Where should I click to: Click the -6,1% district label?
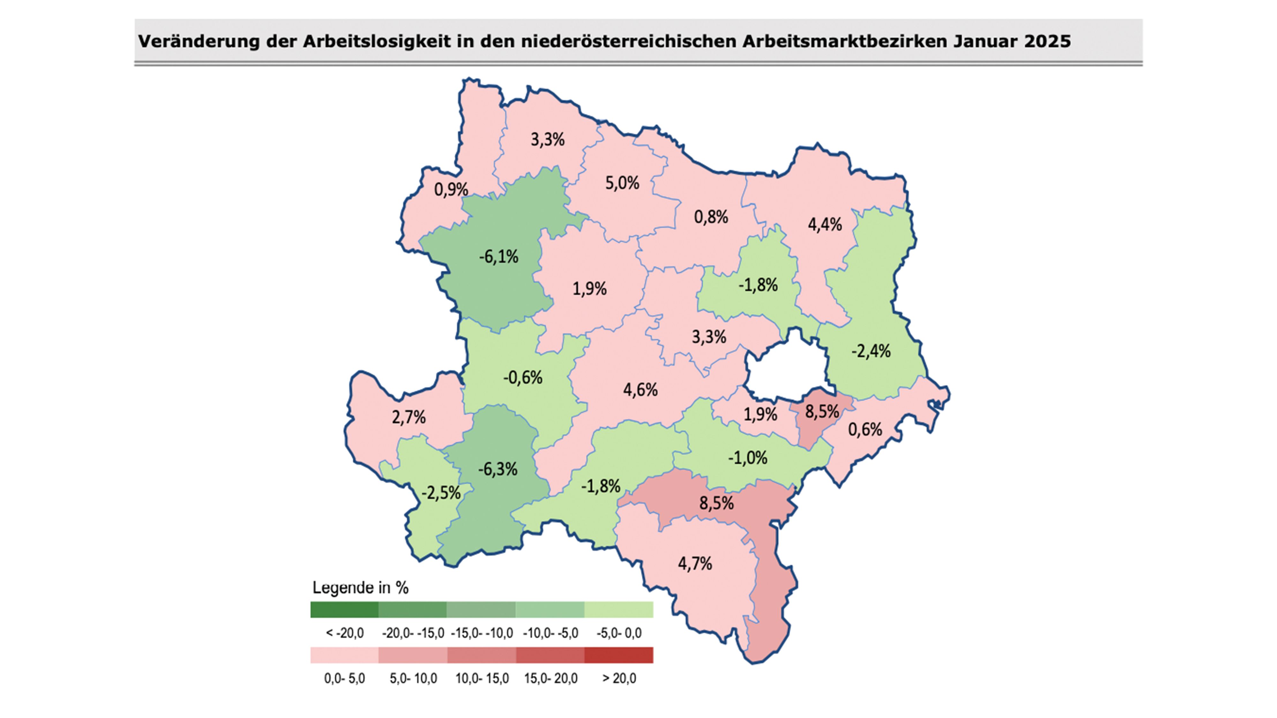[x=498, y=257]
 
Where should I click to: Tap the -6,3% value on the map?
[x=498, y=469]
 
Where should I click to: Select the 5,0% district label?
[x=622, y=183]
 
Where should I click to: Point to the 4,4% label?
[x=825, y=224]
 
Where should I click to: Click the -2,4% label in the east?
[x=871, y=351]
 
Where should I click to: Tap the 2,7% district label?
[x=409, y=417]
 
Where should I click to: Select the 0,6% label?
[x=865, y=429]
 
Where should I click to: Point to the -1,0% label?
[x=748, y=457]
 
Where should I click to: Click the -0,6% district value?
[x=523, y=378]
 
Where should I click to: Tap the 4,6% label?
[x=640, y=390]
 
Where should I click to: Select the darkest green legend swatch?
[x=344, y=610]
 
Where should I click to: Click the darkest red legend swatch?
[x=619, y=655]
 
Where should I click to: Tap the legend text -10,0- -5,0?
[x=550, y=633]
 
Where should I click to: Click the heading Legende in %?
[x=360, y=588]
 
